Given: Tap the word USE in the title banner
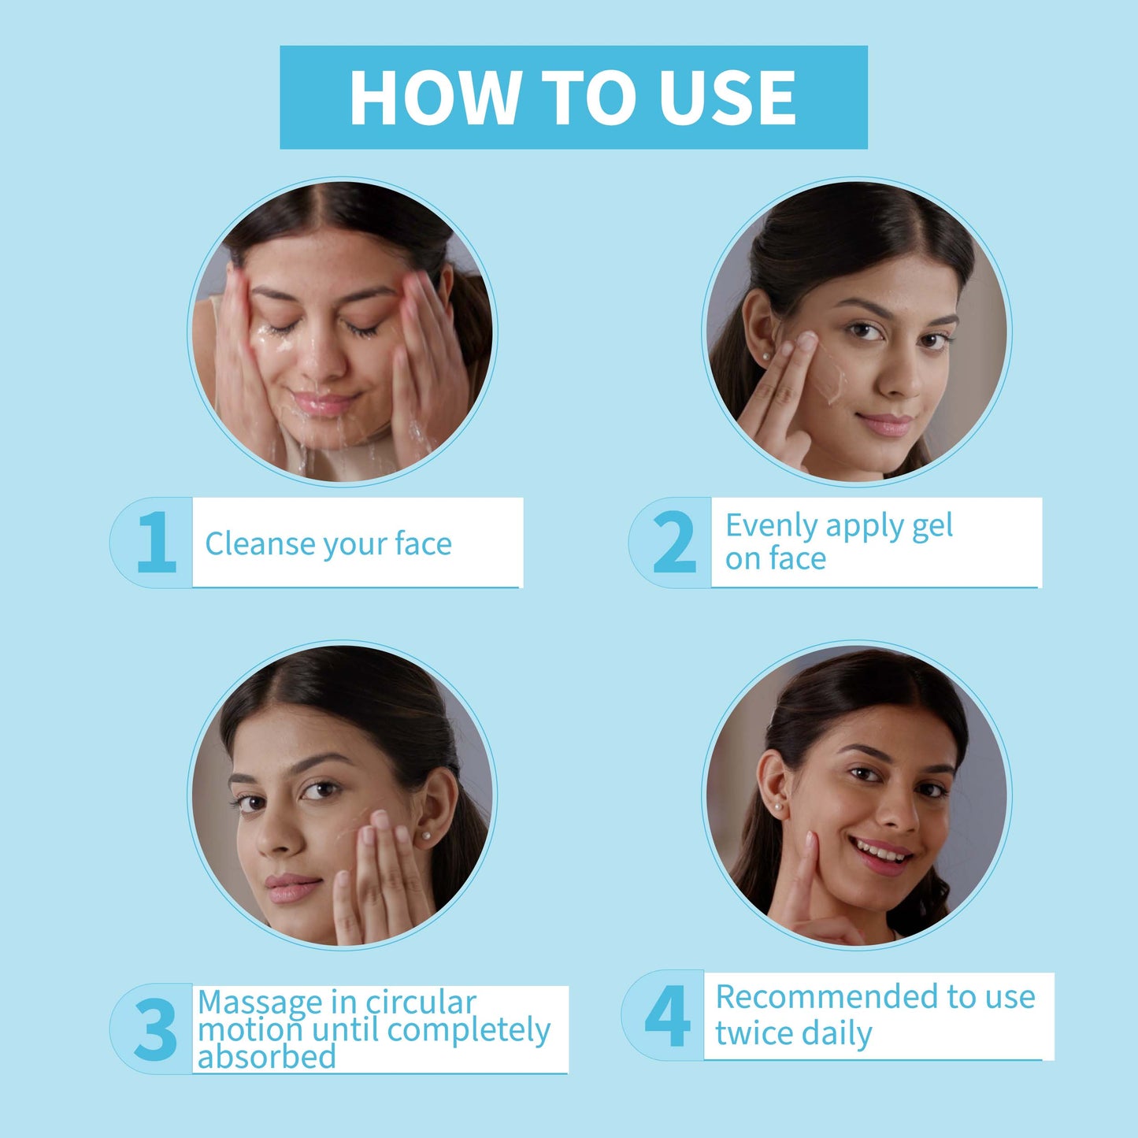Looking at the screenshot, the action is coord(728,98).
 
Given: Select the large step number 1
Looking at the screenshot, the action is coord(156,542).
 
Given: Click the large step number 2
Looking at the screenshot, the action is coord(675,542).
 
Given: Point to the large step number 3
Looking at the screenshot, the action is coord(155,1029).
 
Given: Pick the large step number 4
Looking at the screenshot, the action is coord(667,1015).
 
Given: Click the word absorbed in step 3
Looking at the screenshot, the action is coord(266,1057).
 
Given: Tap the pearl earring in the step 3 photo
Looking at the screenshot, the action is coord(424,836).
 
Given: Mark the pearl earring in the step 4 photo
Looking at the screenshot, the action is coord(778,806).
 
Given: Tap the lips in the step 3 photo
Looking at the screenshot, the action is coord(292,887).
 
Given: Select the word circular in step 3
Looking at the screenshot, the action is coord(421,1003).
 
